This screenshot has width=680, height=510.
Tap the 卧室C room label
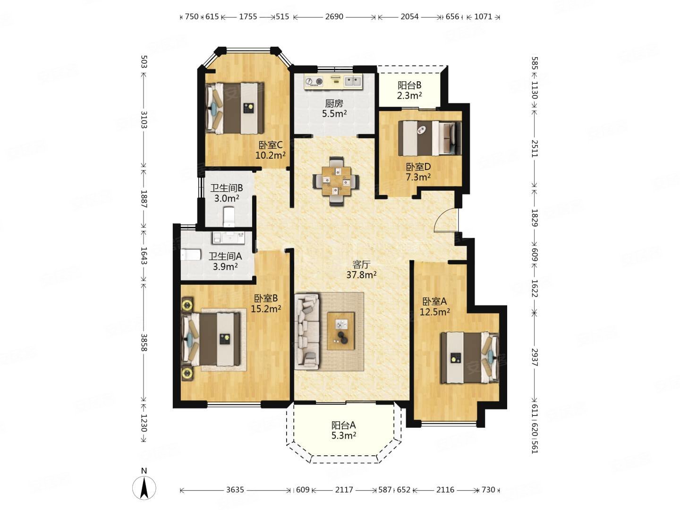coord(271,145)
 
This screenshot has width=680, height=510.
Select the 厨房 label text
coord(334,103)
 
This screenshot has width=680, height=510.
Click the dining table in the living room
coord(336,181)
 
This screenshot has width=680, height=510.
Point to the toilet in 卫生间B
coord(229,217)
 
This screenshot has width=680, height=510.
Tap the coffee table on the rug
coord(341,331)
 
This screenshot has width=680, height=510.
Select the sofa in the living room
coord(307,331)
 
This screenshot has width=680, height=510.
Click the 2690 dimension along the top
coord(334,17)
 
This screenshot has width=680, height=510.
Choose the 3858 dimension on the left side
coord(144,343)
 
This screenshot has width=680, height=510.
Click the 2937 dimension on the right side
coord(535,357)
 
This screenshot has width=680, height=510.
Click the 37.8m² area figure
coord(361,274)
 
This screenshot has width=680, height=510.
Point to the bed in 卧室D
coord(430,138)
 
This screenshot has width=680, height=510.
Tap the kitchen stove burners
coord(314,82)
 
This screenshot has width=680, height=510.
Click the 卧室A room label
coord(434,301)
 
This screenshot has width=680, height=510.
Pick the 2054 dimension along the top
coord(409,17)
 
